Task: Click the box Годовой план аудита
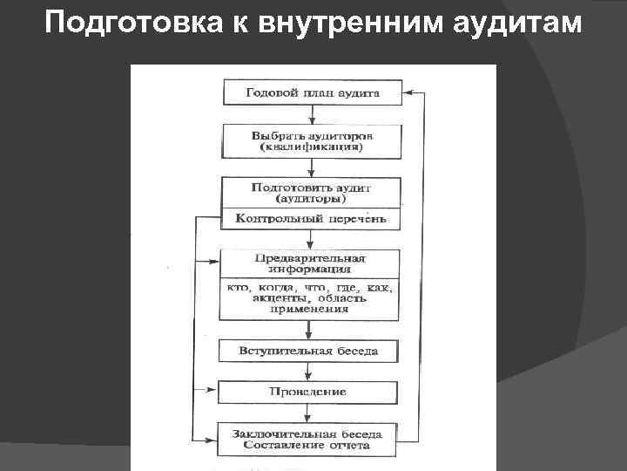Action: [x=313, y=92]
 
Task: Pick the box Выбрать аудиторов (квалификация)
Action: [x=312, y=141]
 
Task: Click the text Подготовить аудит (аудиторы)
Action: [x=311, y=193]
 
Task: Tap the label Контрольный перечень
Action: [x=311, y=219]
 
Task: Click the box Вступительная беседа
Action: [x=309, y=352]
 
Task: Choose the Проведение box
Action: [x=308, y=392]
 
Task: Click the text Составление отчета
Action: [x=307, y=445]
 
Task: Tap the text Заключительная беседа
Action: [x=307, y=433]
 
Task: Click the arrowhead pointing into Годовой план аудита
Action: [x=408, y=91]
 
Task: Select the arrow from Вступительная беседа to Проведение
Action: [x=309, y=372]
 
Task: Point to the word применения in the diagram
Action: [x=309, y=308]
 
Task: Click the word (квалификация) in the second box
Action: [x=312, y=147]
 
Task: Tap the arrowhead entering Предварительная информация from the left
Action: [x=214, y=262]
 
